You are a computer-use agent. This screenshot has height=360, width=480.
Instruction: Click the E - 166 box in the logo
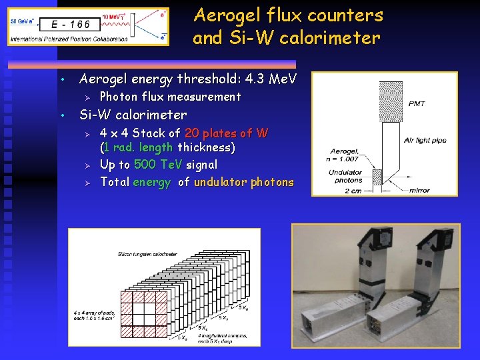point(75,25)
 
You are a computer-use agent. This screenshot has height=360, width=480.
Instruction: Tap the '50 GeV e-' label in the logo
point(23,21)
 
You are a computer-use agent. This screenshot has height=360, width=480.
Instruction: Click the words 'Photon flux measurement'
point(170,97)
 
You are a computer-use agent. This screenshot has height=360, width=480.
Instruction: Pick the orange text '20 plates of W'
point(226,133)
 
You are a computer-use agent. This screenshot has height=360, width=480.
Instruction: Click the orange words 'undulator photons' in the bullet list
point(243,182)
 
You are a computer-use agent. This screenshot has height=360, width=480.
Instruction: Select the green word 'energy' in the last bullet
point(151,182)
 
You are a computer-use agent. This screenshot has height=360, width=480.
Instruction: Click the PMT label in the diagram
point(415,104)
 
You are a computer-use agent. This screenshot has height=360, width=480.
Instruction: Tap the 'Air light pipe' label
point(425,140)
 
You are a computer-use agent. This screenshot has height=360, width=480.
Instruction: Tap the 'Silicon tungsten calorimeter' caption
point(147,254)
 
